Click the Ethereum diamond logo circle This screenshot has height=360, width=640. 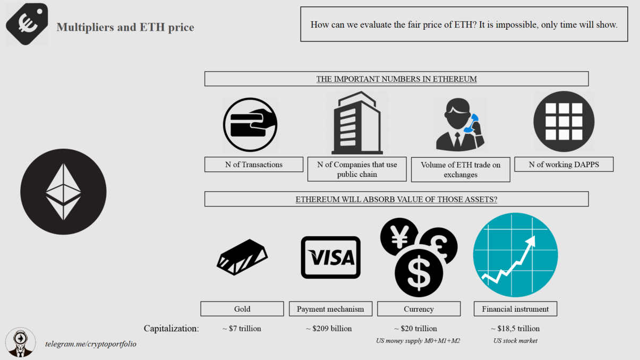pyautogui.click(x=63, y=192)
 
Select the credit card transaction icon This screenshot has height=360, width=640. pyautogui.click(x=250, y=125)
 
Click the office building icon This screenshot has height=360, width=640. pyautogui.click(x=356, y=123)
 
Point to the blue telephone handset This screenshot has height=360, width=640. pyautogui.click(x=471, y=123)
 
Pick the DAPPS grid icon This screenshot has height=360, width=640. pyautogui.click(x=564, y=122)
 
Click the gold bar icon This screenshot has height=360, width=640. pyautogui.click(x=242, y=258)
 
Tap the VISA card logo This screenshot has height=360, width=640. pyautogui.click(x=330, y=258)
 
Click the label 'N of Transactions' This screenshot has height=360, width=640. pyautogui.click(x=253, y=165)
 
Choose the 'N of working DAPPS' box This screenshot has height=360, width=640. pyautogui.click(x=564, y=165)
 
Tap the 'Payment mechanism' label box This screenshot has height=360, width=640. pyautogui.click(x=330, y=309)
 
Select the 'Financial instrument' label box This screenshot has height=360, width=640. pyautogui.click(x=515, y=309)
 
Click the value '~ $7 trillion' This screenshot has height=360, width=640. pyautogui.click(x=242, y=329)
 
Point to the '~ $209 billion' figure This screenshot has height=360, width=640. pyautogui.click(x=329, y=329)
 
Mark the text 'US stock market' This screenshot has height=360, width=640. pyautogui.click(x=515, y=341)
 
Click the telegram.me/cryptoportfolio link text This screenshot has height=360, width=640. pyautogui.click(x=90, y=344)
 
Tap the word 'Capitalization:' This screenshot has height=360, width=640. pyautogui.click(x=171, y=329)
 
